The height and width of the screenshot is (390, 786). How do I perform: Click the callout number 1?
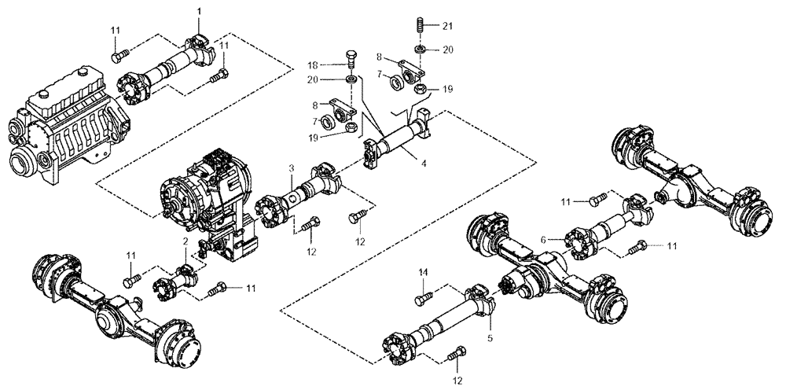coord(199,10)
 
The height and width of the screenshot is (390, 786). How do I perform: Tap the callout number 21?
coord(448,25)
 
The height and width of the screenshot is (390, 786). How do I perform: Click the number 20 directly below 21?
coord(448,49)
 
